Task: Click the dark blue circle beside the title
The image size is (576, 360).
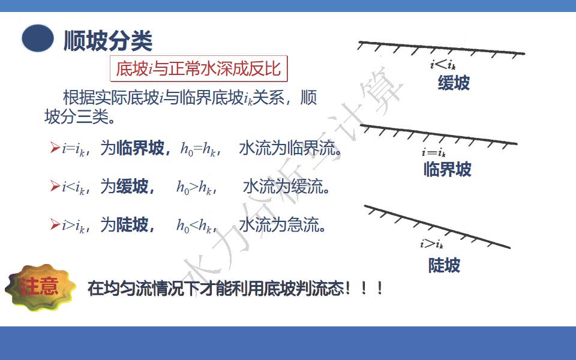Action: [x=38, y=38]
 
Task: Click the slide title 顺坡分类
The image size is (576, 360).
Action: [x=108, y=40]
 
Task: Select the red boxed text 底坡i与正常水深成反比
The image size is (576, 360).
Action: [x=199, y=68]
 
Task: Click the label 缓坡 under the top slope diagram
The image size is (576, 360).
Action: [x=454, y=83]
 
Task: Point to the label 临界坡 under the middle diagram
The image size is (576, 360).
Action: [x=448, y=170]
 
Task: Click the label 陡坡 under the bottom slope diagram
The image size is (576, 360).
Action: [x=444, y=265]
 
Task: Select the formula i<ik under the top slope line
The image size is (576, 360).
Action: [x=443, y=65]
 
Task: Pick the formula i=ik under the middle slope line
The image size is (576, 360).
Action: [x=433, y=152]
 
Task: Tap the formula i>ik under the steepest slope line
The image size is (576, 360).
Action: [x=431, y=244]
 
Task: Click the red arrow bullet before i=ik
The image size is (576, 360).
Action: [x=55, y=148]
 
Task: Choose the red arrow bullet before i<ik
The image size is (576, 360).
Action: [x=55, y=186]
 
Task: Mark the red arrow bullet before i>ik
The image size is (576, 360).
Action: [x=55, y=224]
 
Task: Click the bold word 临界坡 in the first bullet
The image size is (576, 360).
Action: [x=140, y=148]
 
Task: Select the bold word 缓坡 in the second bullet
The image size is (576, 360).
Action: [x=132, y=186]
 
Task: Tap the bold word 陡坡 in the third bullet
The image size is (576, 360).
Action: [x=132, y=224]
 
